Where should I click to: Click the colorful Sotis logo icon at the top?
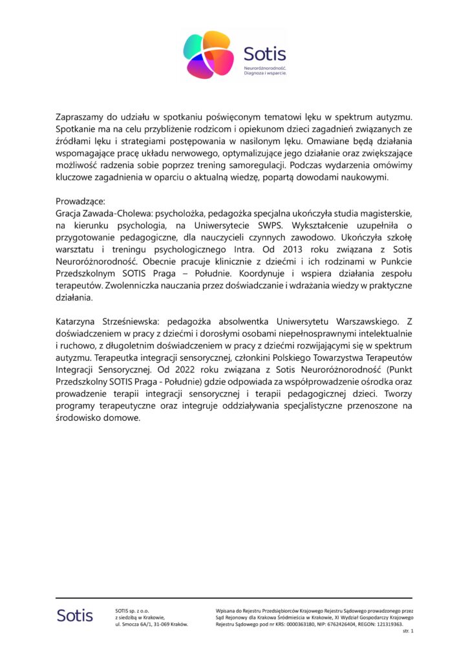coord(208,55)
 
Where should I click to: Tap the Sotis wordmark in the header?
coord(264,54)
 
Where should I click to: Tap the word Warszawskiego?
coord(361,321)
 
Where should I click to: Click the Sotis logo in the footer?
coord(74,615)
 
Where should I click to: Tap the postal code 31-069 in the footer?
coord(155,625)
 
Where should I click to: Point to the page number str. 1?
coord(407,632)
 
